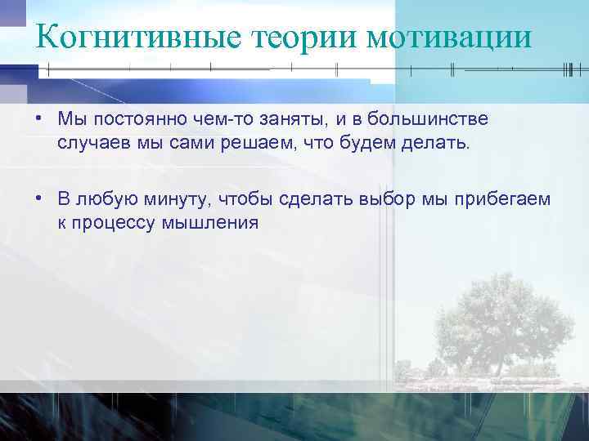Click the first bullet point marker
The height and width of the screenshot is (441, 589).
38,119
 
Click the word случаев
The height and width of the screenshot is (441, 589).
91,144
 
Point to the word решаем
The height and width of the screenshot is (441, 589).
250,145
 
